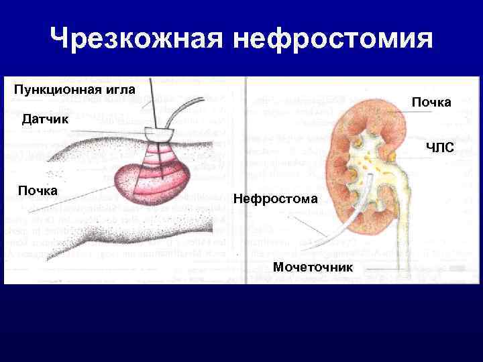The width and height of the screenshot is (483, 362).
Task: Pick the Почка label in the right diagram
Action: tap(431, 102)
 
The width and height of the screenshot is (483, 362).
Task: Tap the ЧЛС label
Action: tap(439, 149)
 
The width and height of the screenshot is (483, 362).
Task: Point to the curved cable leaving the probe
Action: tap(178, 110)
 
